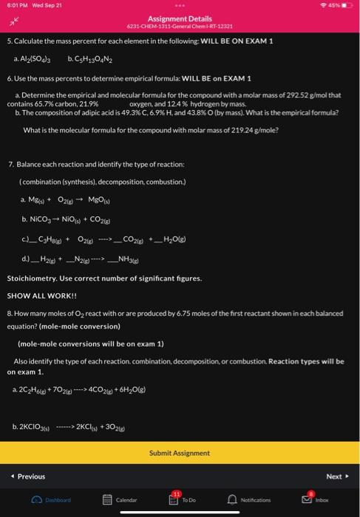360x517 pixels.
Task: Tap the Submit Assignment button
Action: tap(180, 453)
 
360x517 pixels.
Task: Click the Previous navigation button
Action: tap(27, 476)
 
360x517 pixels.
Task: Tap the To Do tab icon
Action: tap(180, 499)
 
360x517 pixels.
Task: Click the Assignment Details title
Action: tap(180, 18)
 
